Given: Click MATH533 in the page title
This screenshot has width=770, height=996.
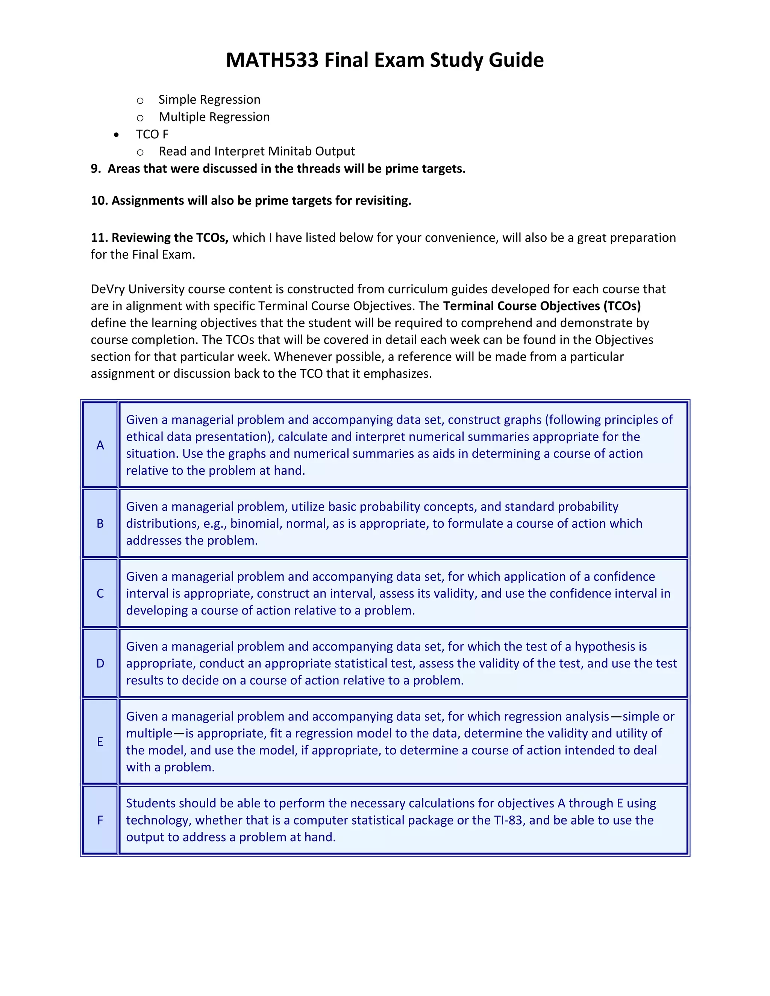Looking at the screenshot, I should pyautogui.click(x=272, y=60).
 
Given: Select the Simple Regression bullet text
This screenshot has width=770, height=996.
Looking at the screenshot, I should pyautogui.click(x=209, y=100).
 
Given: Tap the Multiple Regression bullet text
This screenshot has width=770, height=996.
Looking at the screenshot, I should pyautogui.click(x=214, y=117).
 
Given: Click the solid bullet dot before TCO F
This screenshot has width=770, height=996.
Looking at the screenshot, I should pyautogui.click(x=117, y=135).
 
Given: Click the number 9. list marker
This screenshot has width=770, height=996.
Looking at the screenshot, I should pyautogui.click(x=95, y=169).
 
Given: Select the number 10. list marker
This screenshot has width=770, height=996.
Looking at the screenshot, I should pyautogui.click(x=99, y=201).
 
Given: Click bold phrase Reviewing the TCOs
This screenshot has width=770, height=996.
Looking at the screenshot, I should pyautogui.click(x=170, y=238).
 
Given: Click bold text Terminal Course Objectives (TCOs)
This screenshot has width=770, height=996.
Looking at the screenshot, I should pyautogui.click(x=541, y=306).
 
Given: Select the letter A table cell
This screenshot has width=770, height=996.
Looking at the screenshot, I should pyautogui.click(x=100, y=445).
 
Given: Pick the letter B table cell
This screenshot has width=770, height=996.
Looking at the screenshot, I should pyautogui.click(x=100, y=524).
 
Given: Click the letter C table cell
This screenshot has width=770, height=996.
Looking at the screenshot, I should pyautogui.click(x=100, y=593).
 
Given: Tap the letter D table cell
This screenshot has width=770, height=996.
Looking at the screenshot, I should pyautogui.click(x=100, y=663).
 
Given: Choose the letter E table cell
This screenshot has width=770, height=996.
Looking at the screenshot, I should pyautogui.click(x=100, y=742).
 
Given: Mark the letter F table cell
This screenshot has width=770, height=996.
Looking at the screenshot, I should pyautogui.click(x=100, y=820).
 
